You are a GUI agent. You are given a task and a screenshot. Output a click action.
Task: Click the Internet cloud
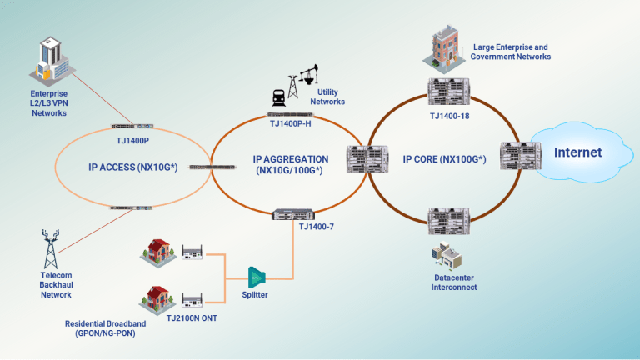coord(577,153)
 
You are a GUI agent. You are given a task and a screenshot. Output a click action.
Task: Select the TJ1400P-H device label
coord(290,123)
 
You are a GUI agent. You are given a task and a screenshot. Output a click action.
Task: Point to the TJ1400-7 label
coord(316,226)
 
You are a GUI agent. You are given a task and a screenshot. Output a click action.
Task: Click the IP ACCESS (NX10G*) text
coord(132,167)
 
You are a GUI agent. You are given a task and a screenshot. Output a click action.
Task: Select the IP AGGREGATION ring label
coord(290,164)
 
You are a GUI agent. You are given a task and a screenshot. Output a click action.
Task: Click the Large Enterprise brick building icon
coord(447,47)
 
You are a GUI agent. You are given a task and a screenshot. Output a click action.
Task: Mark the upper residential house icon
coord(157,251)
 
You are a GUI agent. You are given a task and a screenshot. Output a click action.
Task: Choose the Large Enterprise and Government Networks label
coord(510,52)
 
